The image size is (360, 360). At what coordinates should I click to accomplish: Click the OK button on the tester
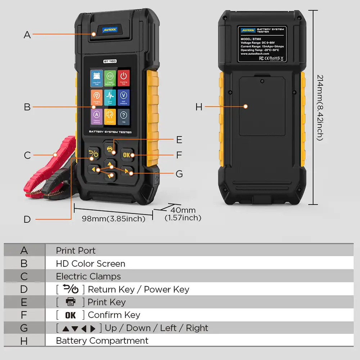point(127,155)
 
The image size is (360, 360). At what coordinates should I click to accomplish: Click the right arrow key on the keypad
point(127,171)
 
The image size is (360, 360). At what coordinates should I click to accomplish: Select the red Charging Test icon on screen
point(123,78)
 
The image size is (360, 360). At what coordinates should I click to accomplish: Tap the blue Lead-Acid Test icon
point(96,78)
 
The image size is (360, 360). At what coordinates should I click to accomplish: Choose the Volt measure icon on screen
point(123,97)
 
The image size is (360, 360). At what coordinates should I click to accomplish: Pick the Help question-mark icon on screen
point(123,117)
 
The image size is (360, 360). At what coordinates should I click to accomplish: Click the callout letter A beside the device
point(27,35)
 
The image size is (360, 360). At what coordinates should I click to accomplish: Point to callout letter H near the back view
point(199,107)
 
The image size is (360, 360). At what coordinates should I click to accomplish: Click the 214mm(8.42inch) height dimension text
point(320,107)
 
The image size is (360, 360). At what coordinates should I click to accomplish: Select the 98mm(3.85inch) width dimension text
point(113,219)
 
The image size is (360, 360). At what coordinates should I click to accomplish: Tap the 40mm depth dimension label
point(183,210)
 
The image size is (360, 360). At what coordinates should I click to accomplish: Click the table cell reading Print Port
point(76,251)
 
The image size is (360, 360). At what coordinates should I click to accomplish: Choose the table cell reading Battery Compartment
point(102,341)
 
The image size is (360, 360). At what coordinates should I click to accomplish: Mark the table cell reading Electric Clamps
point(88,276)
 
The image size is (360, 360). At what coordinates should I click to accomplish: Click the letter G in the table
point(24,328)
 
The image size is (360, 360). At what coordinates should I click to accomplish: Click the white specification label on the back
point(262,44)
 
